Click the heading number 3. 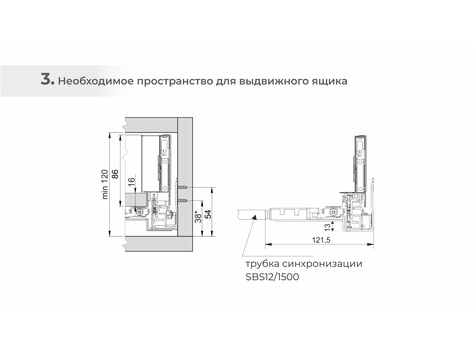coord(47,79)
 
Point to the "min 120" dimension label coord(105,184)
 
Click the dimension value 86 coord(115,174)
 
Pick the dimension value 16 coord(131,181)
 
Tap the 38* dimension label coord(198,216)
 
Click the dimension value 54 coord(208,214)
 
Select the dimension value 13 coord(328,227)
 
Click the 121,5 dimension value coord(321,239)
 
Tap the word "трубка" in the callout coord(262,264)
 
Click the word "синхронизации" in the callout coord(322,264)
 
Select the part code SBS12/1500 coord(272,277)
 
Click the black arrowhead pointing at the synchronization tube coord(254,217)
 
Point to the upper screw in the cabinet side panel coord(183,188)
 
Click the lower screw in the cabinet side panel coord(183,200)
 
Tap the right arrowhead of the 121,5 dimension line coord(370,244)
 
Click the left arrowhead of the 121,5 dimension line coord(268,244)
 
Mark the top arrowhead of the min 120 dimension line coord(110,136)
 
